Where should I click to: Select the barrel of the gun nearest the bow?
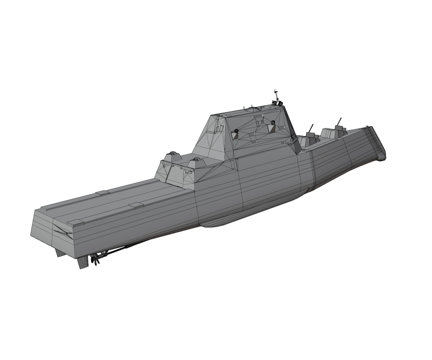coord(339,122)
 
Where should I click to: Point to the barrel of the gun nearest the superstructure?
coord(311,128)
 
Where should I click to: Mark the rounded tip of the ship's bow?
coord(382,157)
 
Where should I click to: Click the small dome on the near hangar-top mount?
coord(196,160)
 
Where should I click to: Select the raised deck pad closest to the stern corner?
coord(76,222)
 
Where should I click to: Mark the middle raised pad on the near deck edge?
coord(136,206)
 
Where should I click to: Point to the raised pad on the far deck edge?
coord(103,193)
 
